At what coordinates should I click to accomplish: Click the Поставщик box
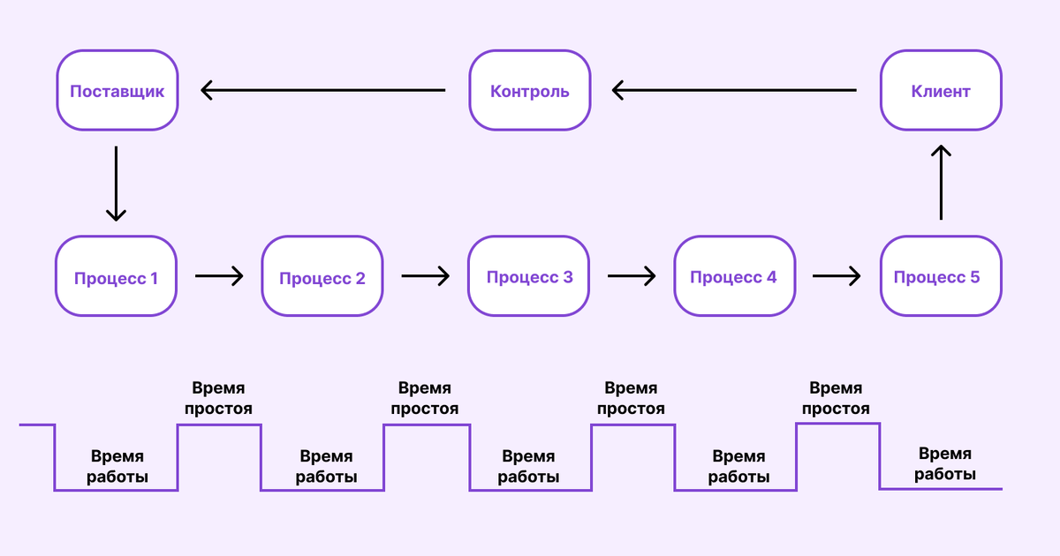[117, 91]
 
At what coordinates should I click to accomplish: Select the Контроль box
[529, 91]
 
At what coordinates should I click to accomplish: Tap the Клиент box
[941, 91]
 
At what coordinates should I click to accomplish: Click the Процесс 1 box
[117, 277]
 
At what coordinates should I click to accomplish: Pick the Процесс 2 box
[322, 277]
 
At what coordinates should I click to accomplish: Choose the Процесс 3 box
[529, 277]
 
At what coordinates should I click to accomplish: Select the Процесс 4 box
[734, 277]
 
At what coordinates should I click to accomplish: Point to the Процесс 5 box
[941, 277]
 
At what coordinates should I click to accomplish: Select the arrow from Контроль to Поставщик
[323, 90]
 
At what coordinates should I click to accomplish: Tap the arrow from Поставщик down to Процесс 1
[116, 184]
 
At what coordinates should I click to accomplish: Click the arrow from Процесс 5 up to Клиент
[942, 184]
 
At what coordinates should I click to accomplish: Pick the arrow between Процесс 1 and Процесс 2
[219, 276]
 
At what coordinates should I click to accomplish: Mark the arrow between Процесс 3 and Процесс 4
[632, 276]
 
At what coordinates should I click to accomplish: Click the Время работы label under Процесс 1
[117, 468]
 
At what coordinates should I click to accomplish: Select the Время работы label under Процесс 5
[945, 464]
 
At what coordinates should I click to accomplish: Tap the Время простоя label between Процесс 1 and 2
[218, 399]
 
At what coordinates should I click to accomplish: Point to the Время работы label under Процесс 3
[528, 468]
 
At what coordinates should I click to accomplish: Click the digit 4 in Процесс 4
[771, 277]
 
